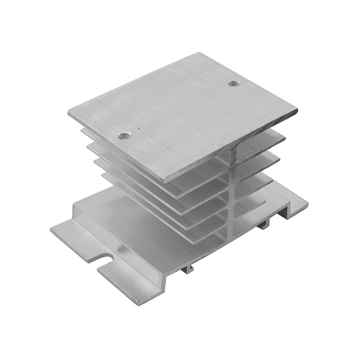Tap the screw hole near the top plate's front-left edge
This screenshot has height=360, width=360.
(123, 135)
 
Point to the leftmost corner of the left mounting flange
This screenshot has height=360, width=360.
(52, 230)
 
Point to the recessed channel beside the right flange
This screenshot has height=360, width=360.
(271, 211)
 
